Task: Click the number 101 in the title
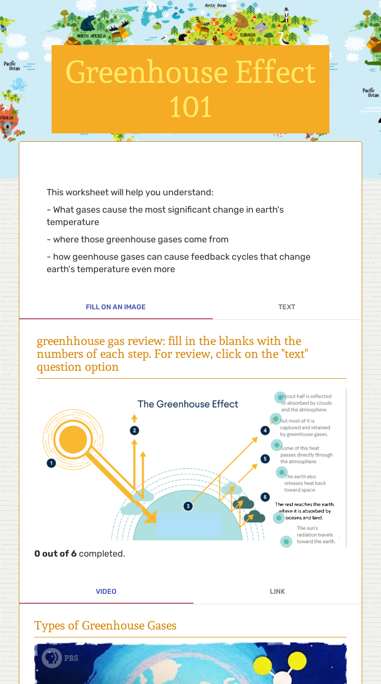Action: (190, 107)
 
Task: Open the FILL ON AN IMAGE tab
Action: (116, 307)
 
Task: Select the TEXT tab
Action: (287, 307)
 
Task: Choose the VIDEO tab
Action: (106, 591)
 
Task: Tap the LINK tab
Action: (277, 591)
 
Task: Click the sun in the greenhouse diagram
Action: (73, 439)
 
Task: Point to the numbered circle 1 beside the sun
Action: (51, 463)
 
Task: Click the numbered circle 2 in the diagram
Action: (134, 430)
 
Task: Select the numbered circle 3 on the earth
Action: (188, 506)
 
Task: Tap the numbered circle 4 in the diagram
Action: (265, 431)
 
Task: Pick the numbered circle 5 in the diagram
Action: (265, 459)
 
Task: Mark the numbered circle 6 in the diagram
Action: (265, 497)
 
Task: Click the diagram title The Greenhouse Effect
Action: (188, 404)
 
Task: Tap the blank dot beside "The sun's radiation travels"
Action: (286, 541)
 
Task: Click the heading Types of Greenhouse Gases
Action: (106, 626)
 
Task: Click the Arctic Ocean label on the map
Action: (216, 5)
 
